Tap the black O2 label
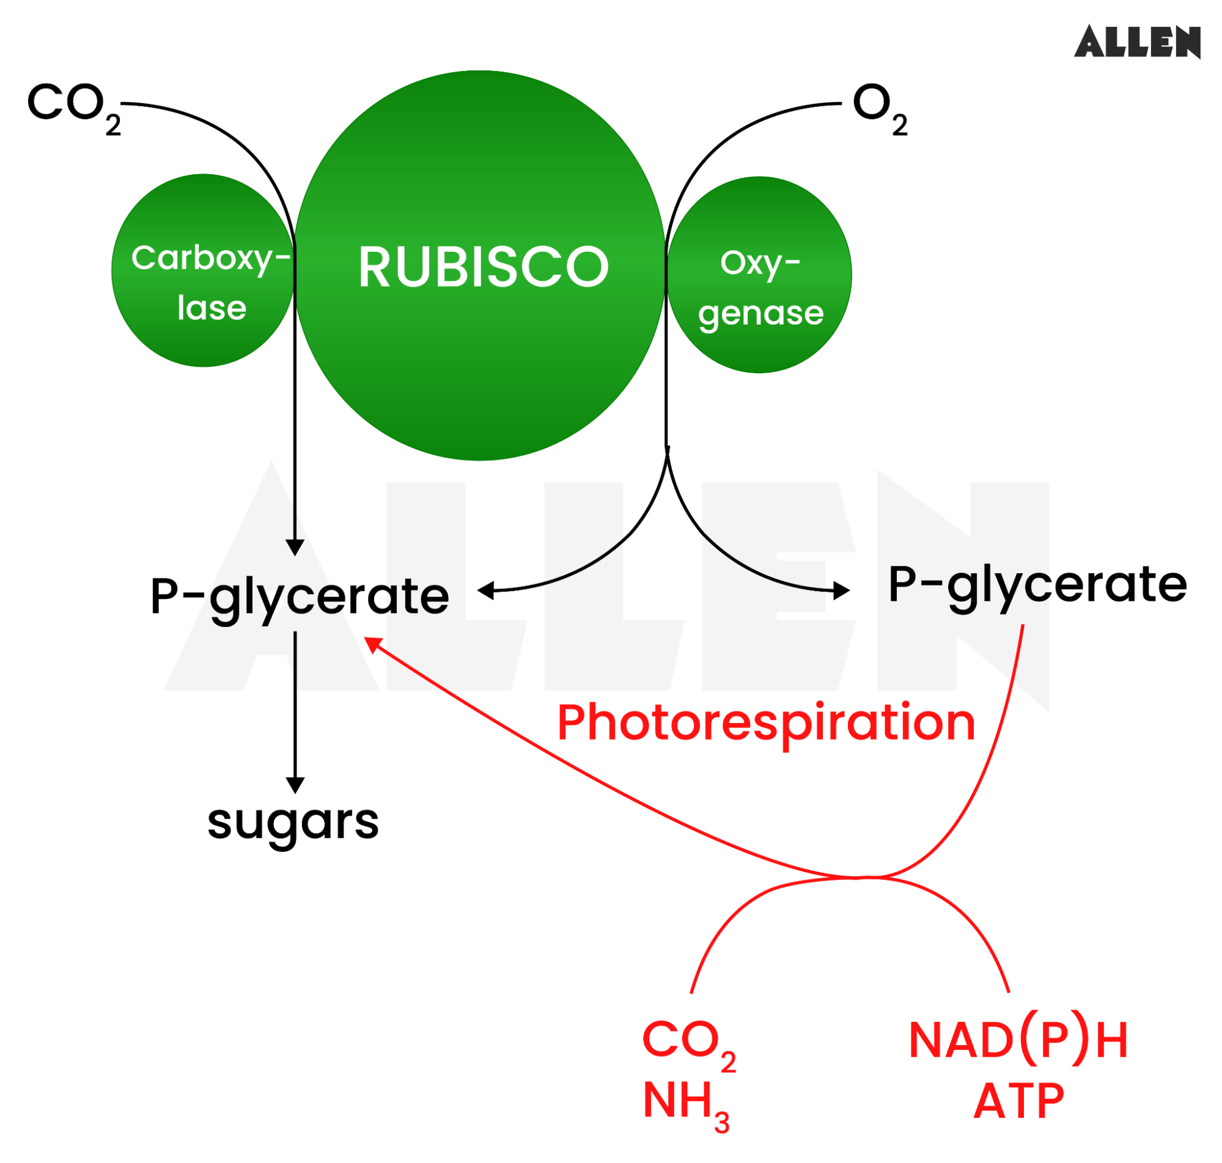click(x=879, y=106)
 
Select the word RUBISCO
click(x=483, y=267)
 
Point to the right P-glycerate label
click(x=1037, y=585)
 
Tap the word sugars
click(x=293, y=823)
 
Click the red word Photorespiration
click(x=766, y=722)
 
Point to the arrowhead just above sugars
click(x=295, y=785)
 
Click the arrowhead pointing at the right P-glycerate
click(x=841, y=590)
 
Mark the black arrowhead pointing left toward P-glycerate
click(x=486, y=590)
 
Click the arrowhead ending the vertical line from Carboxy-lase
click(x=295, y=548)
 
